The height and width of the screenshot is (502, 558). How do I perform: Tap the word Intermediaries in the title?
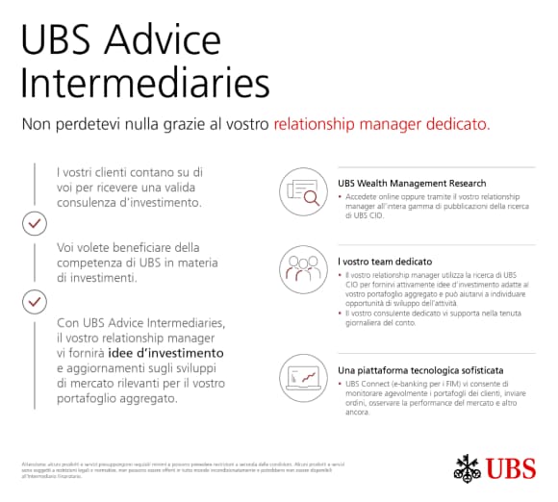[144, 84]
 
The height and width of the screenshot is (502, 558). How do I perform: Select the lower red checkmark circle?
[35, 301]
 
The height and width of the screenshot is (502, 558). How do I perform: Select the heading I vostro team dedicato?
[385, 261]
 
